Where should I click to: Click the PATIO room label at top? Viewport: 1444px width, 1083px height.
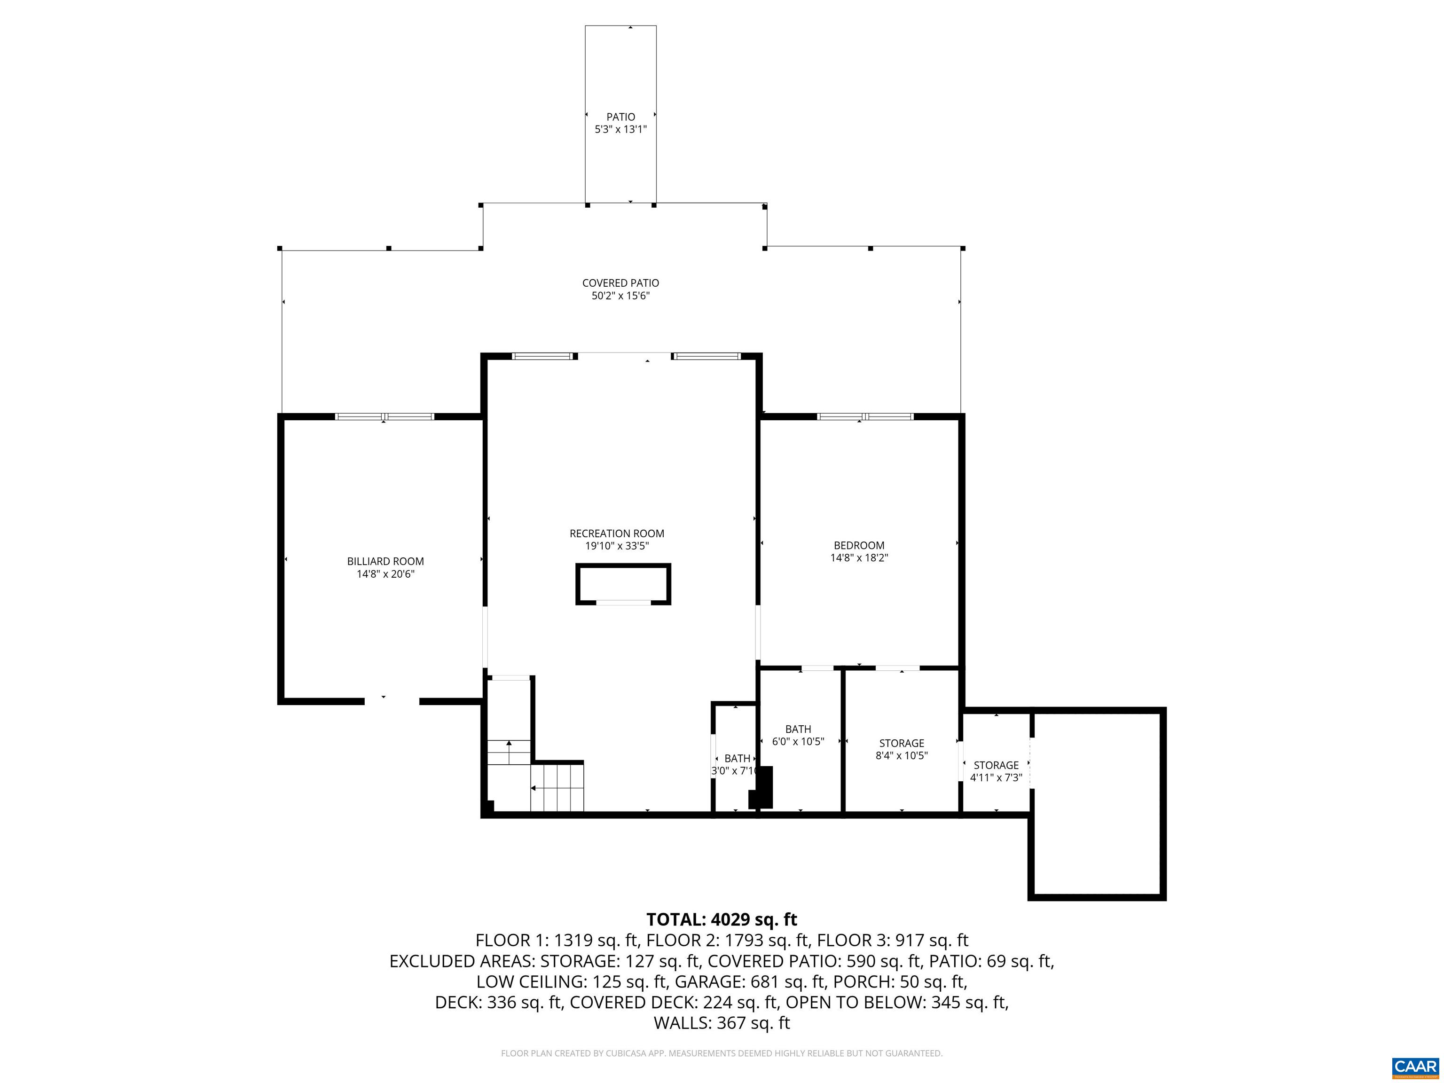coord(620,117)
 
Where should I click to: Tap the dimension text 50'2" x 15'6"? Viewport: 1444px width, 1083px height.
coord(620,296)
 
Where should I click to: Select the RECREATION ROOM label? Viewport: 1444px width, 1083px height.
coord(616,534)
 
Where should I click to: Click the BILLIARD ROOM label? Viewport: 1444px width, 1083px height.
coord(385,561)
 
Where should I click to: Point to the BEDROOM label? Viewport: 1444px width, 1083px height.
coord(858,545)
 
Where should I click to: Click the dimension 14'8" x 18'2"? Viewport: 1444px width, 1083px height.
coord(858,558)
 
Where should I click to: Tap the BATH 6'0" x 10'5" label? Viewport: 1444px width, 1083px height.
coord(798,735)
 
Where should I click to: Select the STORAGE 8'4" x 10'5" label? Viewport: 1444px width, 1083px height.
coord(901,749)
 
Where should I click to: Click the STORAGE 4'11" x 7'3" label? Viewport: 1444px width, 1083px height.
coord(996,771)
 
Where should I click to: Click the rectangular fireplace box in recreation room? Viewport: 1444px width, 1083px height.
coord(623,584)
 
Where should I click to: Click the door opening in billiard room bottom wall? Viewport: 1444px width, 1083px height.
coord(391,701)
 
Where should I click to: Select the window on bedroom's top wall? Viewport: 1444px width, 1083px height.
coord(864,416)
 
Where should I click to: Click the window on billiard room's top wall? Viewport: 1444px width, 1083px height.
coord(384,416)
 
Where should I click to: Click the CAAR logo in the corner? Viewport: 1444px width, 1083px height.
coord(1415,1067)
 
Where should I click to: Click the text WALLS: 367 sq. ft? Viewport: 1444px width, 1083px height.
coord(722,1023)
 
